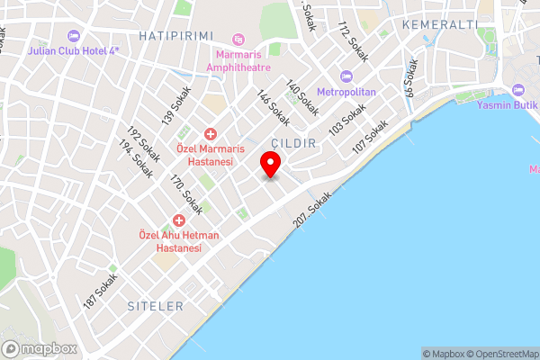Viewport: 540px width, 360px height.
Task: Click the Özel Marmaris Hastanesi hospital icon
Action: point(210,133)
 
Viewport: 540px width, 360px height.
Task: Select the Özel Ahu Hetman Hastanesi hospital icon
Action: point(179,220)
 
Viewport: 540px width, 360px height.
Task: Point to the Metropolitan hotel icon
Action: point(346,76)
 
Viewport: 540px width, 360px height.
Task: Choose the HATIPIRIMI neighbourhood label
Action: point(175,35)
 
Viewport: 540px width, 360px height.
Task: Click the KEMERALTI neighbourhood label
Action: point(440,24)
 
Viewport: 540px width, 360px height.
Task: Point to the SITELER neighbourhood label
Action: point(155,306)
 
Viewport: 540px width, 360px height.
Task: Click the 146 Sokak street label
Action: point(273,108)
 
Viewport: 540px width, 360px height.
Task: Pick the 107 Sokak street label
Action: point(371,136)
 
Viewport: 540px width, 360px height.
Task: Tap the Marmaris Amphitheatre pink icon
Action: point(238,40)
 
